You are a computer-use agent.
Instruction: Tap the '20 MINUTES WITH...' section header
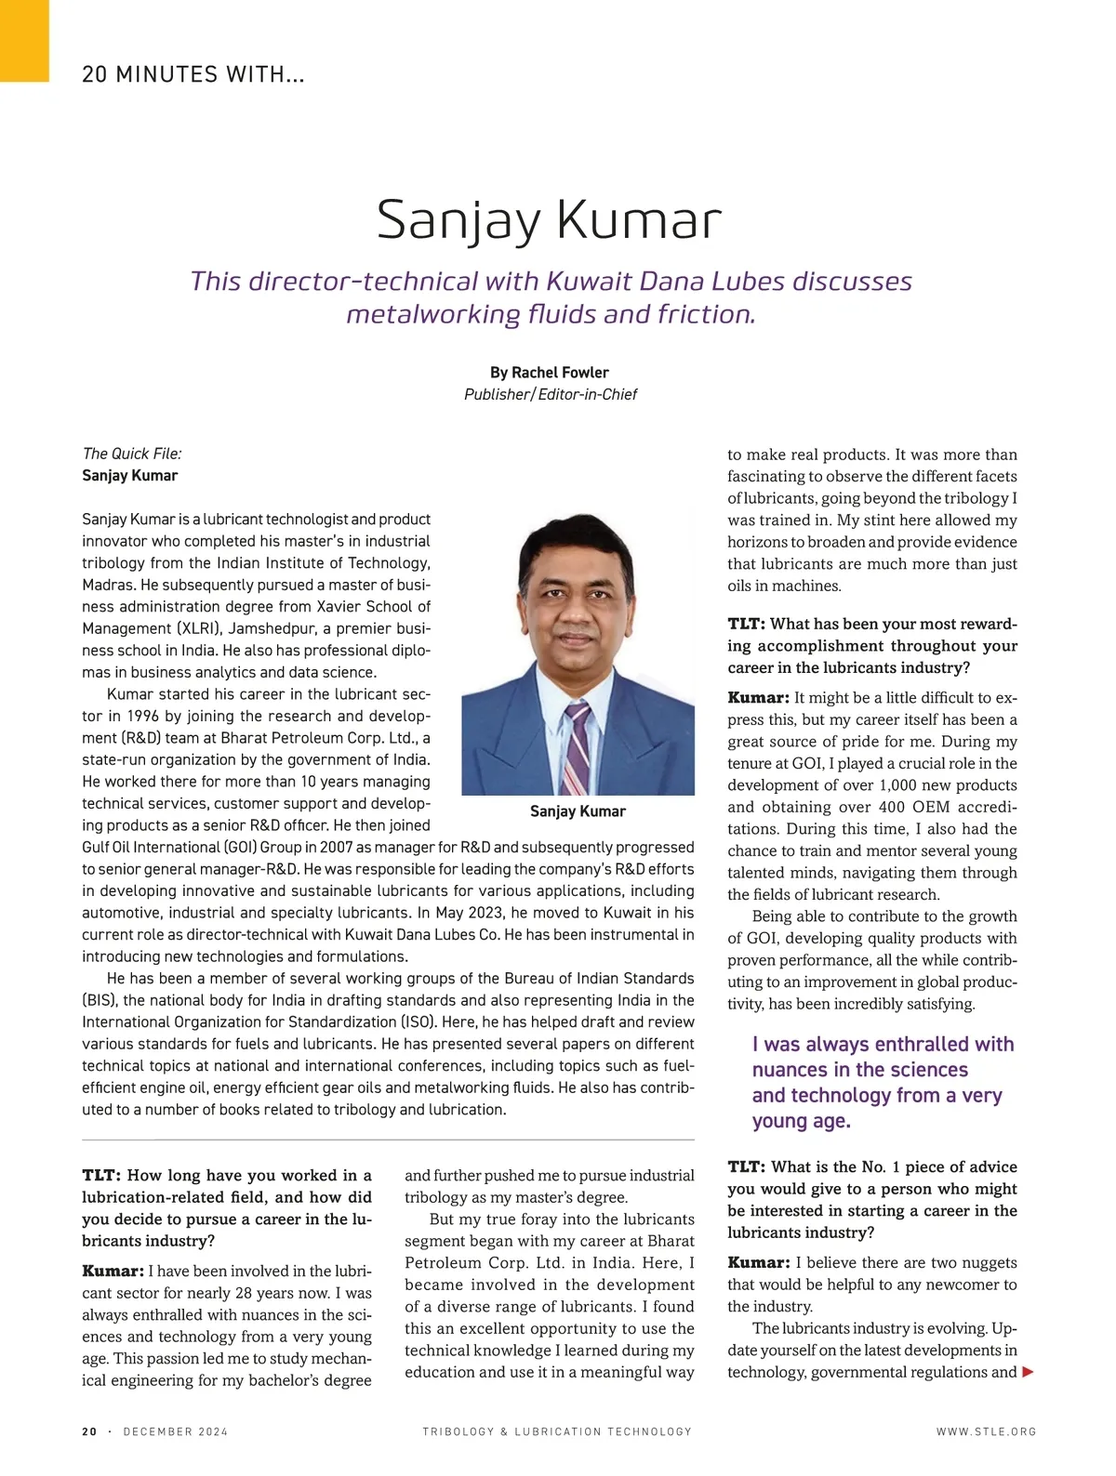(193, 74)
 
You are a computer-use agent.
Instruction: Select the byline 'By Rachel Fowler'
(549, 372)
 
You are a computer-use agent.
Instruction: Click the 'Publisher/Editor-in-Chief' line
(551, 394)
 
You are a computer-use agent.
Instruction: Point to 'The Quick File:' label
(132, 454)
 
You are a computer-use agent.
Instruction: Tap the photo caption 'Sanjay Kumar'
(578, 811)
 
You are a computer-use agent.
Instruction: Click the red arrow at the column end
(1028, 1372)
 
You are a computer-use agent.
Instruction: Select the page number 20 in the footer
(89, 1431)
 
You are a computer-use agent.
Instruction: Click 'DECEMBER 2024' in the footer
(176, 1431)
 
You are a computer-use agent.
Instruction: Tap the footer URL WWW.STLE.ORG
(986, 1431)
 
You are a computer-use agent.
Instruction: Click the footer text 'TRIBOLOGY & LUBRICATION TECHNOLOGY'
(557, 1431)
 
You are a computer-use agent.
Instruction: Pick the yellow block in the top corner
(24, 41)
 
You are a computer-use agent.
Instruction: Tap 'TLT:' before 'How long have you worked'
(100, 1175)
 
